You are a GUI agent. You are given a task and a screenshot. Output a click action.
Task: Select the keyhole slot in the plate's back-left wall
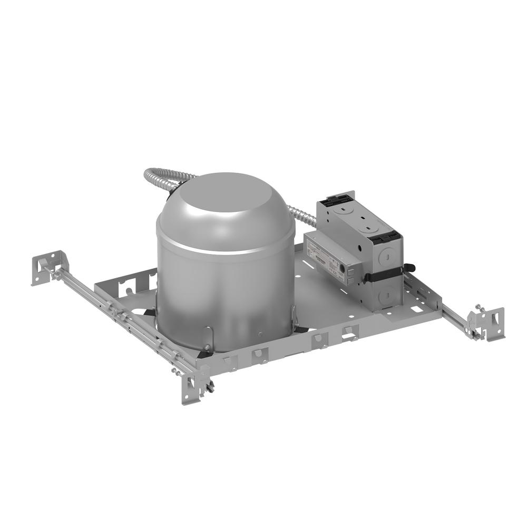pos(126,287)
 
